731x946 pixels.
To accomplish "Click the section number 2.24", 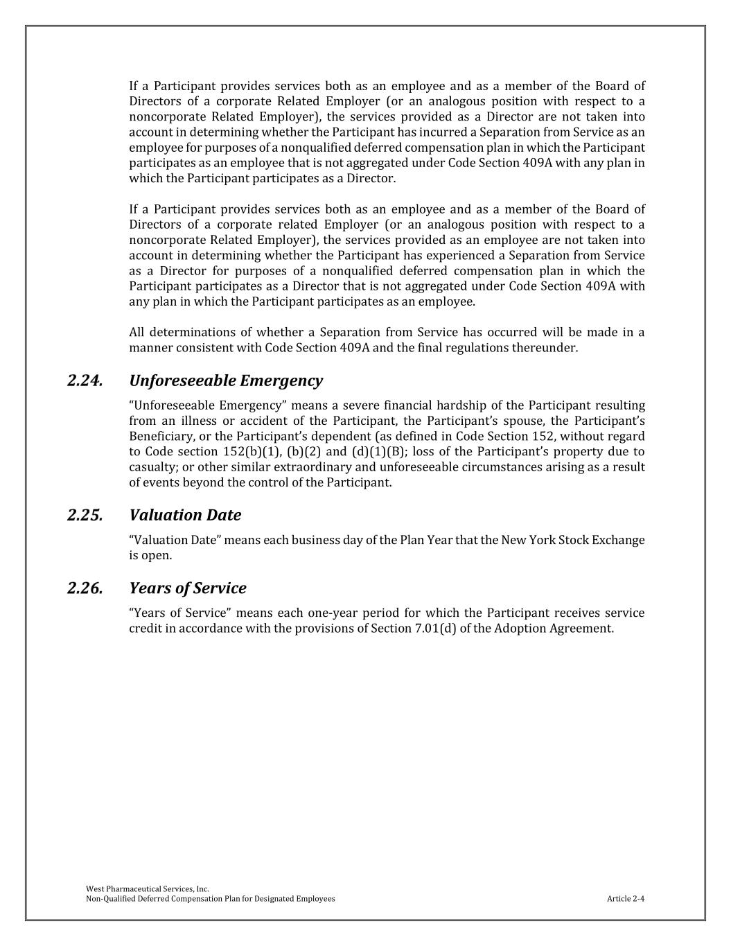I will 86,381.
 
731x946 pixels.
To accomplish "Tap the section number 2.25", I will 86,516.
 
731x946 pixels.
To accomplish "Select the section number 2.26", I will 86,588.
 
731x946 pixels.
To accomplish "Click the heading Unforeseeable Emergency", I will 226,381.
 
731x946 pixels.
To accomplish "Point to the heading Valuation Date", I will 185,516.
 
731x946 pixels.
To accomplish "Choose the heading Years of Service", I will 188,588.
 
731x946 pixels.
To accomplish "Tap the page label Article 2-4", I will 626,899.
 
